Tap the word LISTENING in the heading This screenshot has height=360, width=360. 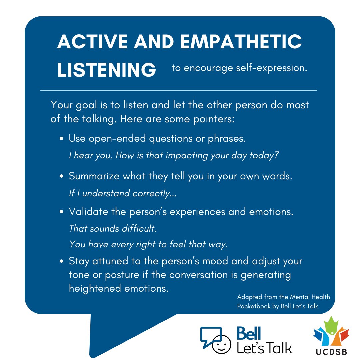[107, 70]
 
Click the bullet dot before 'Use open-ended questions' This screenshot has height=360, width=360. [62, 139]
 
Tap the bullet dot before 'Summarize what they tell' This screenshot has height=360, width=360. [62, 177]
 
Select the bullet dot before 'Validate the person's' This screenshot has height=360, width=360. [62, 212]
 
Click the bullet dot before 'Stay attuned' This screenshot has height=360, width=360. [62, 261]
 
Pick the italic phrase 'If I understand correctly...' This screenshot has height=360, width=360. [123, 193]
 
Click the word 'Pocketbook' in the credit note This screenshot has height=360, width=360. [252, 307]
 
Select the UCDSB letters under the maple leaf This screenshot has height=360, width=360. [331, 352]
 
